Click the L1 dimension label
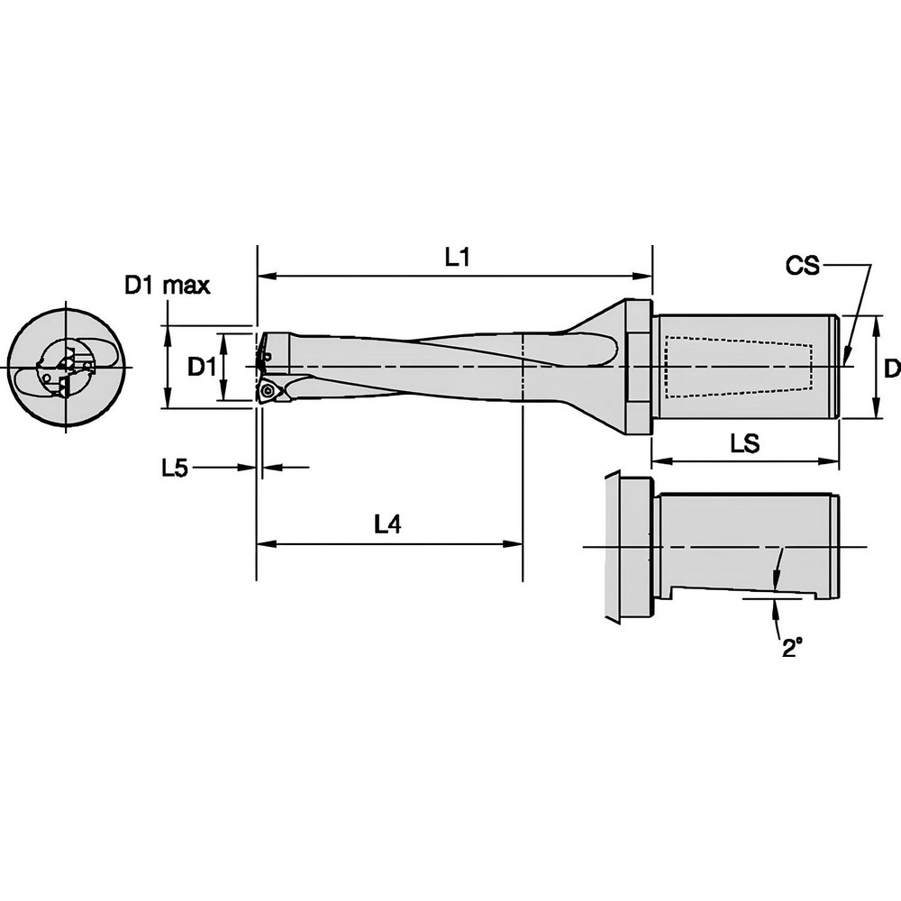(x=459, y=258)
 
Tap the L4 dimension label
(x=387, y=526)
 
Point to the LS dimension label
(x=744, y=443)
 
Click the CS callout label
(x=802, y=266)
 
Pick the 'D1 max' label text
(x=167, y=287)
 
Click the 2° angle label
(x=791, y=649)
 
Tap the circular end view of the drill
(x=67, y=369)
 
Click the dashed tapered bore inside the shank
(x=739, y=367)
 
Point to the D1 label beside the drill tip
(x=200, y=367)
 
